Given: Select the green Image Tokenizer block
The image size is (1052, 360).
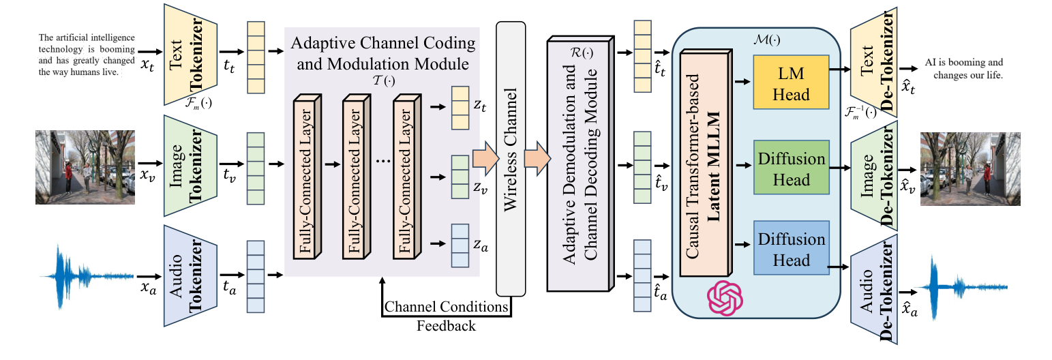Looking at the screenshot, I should [x=190, y=165].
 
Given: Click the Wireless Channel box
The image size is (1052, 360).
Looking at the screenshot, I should [x=511, y=161].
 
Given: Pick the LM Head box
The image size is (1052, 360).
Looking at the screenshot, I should [x=790, y=83].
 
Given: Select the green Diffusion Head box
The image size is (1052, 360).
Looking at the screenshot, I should [x=791, y=168].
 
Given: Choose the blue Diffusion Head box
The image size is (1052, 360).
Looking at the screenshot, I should [x=791, y=249].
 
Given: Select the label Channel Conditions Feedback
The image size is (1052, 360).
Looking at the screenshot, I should [x=447, y=316].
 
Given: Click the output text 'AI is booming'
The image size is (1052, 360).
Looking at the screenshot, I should [x=964, y=67].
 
